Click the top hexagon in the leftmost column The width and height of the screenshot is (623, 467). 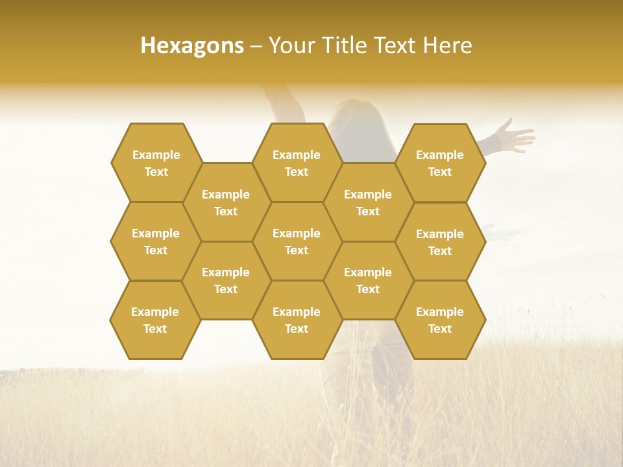(x=156, y=163)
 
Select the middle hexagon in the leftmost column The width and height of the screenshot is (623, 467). (x=156, y=241)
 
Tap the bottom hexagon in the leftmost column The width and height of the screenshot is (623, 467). (x=155, y=320)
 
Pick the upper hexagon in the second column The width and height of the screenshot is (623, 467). (x=226, y=202)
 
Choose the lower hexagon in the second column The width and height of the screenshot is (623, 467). (x=226, y=280)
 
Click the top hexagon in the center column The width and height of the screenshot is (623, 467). (x=297, y=163)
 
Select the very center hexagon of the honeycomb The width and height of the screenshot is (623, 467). (x=297, y=241)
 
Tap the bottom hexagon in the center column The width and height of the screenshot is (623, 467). (x=297, y=320)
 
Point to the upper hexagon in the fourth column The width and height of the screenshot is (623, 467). (x=368, y=202)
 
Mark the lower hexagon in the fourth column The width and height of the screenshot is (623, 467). (x=368, y=280)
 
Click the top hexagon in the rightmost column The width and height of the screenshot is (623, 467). (x=440, y=163)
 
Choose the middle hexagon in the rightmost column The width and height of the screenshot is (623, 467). (x=440, y=242)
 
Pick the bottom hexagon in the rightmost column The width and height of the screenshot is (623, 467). (x=440, y=320)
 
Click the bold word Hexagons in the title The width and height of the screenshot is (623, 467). (x=192, y=45)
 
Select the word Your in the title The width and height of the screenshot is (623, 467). (x=290, y=45)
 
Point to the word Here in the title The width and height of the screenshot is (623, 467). (x=448, y=45)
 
